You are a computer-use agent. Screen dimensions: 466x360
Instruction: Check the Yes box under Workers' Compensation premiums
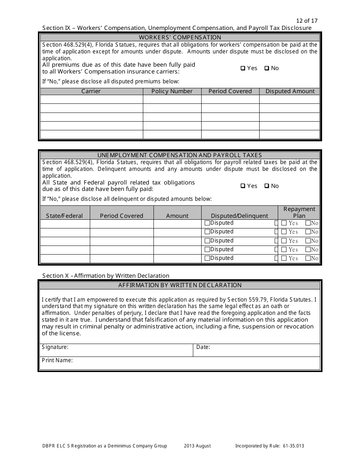click(x=243, y=69)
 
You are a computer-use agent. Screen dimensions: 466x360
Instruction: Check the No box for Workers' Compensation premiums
click(x=267, y=69)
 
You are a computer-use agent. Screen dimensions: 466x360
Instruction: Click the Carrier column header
click(x=91, y=91)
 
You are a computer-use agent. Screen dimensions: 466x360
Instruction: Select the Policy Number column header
click(x=172, y=91)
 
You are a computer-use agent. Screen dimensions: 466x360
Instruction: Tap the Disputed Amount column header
click(x=290, y=91)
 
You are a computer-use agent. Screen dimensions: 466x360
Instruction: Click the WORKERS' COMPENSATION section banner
click(x=180, y=38)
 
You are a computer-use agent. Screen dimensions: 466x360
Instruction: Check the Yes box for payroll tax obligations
click(x=243, y=186)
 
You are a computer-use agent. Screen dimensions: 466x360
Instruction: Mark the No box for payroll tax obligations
click(x=267, y=186)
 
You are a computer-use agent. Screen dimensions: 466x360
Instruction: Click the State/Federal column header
click(x=64, y=216)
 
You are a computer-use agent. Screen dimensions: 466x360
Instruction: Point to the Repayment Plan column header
click(x=299, y=212)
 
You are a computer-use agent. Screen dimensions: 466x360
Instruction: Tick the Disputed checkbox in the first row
click(x=207, y=223)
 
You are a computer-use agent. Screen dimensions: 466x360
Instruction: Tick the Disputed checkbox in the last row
click(x=207, y=258)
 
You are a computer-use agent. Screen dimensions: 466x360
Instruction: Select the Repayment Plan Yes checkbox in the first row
click(x=283, y=224)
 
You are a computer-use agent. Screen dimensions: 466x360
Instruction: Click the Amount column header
click(x=177, y=216)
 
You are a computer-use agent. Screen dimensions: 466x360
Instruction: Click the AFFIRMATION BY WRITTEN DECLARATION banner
click(x=180, y=285)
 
